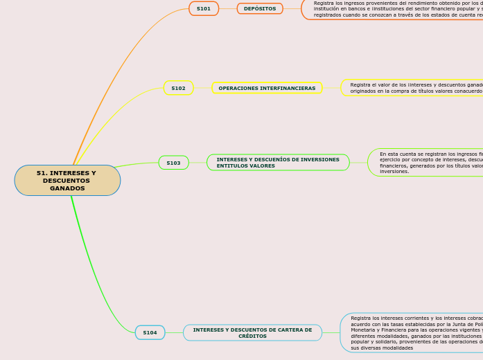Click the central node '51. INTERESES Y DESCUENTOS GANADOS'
coord(67,180)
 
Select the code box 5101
coord(204,8)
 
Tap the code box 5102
coord(178,88)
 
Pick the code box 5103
coord(173,163)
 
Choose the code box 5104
coord(150,332)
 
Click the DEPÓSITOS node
coord(260,8)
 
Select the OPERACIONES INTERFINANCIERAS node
coord(267,88)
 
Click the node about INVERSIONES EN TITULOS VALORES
coord(278,163)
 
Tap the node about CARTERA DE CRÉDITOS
coord(252,332)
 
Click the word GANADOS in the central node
coord(67,188)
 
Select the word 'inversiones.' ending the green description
coord(394,171)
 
